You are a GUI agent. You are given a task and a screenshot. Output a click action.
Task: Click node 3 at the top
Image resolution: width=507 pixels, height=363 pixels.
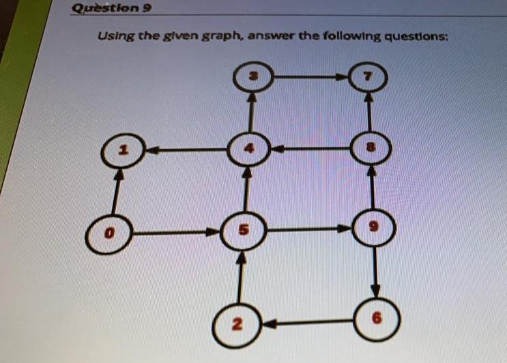click(252, 78)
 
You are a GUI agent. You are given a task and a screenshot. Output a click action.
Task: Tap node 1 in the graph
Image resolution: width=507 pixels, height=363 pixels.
click(121, 151)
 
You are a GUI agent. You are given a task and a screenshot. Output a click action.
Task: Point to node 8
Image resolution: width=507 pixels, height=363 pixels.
click(371, 147)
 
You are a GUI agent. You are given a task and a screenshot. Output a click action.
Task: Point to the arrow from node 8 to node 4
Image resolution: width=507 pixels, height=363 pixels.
click(310, 147)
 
